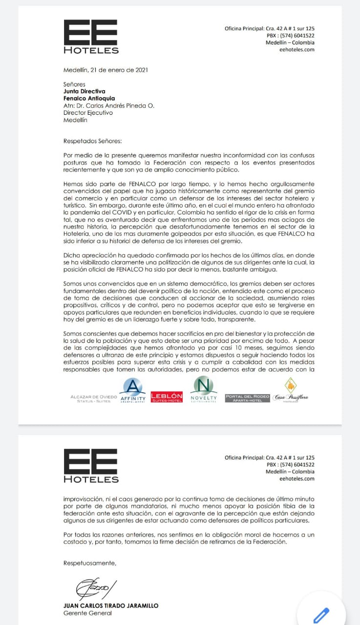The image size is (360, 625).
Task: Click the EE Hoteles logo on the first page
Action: coord(91,37)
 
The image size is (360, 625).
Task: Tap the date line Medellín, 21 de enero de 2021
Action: coord(106,70)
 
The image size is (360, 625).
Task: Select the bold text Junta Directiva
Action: coord(84,91)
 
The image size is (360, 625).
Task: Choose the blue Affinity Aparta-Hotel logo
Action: coord(132,391)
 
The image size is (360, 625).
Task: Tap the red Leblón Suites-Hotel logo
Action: coord(167,397)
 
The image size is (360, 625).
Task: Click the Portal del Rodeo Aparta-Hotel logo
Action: coord(247,397)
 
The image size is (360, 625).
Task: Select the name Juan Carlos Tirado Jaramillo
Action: coord(111,605)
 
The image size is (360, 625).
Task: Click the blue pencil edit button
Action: coord(321,615)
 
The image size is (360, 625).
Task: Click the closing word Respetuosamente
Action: coord(90,563)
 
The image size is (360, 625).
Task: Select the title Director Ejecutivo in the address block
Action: coord(88,113)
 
